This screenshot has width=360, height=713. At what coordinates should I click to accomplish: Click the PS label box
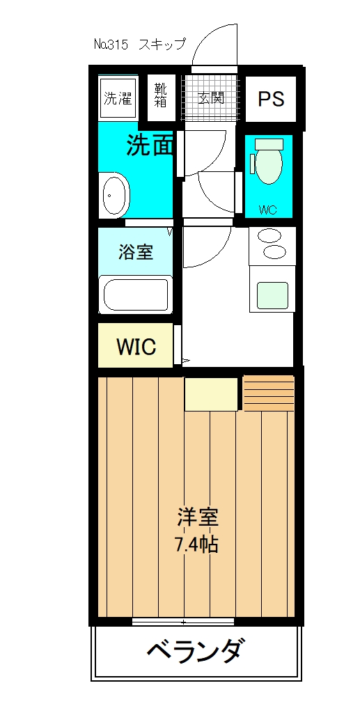pos(271,99)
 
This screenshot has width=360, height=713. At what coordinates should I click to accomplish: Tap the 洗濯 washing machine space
pos(118,98)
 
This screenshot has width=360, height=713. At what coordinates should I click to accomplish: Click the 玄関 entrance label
pos(210,98)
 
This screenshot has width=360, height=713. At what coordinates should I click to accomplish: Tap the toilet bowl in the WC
pos(268,164)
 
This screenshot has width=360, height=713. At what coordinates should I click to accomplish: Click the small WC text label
pos(268,209)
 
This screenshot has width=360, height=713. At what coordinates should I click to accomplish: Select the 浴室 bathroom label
pos(136,251)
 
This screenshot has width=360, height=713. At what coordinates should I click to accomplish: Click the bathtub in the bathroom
pos(136,295)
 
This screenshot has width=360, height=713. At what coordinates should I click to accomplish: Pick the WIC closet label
pos(136,346)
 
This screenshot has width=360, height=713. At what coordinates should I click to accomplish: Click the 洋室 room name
pos(198,518)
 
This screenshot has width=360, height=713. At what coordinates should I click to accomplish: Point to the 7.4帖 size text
pos(198,543)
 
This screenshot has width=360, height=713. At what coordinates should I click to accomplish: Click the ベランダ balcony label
pos(196,653)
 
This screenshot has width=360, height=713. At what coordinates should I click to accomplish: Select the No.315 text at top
pos(111,45)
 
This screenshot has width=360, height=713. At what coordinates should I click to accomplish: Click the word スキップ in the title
pos(162,45)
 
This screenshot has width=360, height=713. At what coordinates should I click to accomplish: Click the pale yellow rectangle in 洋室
pos(212,395)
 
